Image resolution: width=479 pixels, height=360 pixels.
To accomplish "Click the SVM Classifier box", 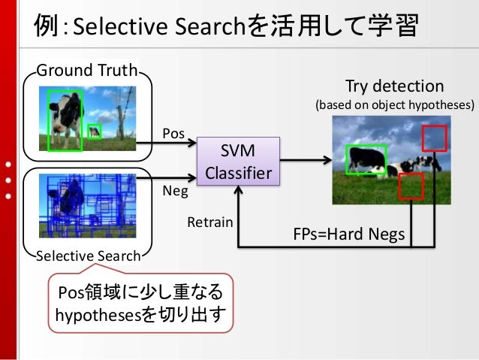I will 238,161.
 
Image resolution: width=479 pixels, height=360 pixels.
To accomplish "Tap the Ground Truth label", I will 87,71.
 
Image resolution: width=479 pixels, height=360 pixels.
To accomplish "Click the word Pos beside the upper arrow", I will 173,133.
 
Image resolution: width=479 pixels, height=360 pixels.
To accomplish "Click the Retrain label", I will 210,222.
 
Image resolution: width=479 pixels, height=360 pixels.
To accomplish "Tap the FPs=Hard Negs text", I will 348,235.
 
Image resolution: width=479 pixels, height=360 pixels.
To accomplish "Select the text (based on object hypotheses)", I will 394,105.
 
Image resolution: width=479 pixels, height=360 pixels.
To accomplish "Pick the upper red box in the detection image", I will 434,139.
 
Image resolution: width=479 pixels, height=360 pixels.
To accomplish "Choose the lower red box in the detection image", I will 411,186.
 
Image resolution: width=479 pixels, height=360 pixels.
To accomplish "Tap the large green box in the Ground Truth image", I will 64,120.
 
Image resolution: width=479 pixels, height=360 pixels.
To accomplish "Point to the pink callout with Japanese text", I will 140,302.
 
